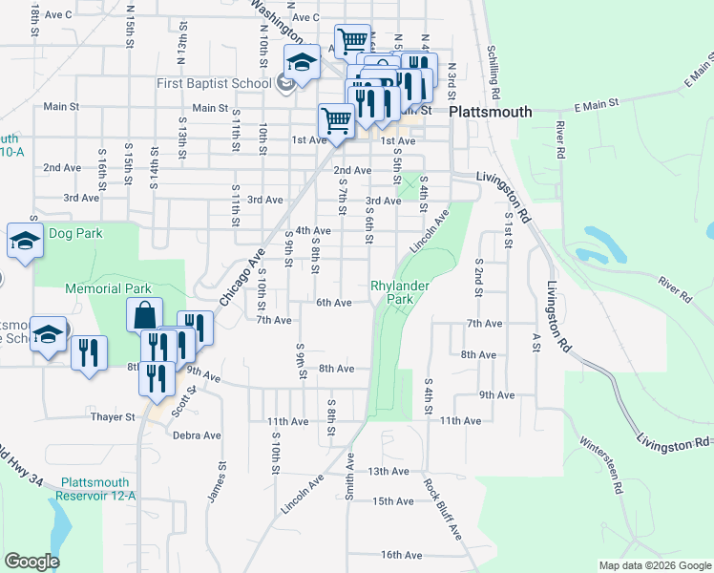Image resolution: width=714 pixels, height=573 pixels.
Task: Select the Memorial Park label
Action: point(108,288)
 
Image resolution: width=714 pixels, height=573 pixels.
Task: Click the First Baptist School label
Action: point(215,83)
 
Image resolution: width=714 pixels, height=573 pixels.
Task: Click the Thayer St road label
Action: point(113,417)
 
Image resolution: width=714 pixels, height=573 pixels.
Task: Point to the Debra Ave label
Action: point(197,435)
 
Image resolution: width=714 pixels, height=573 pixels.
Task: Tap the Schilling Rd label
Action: point(493,73)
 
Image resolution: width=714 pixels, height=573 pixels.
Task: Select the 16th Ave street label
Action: point(400,555)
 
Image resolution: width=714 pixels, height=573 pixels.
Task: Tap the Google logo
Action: point(31,562)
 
